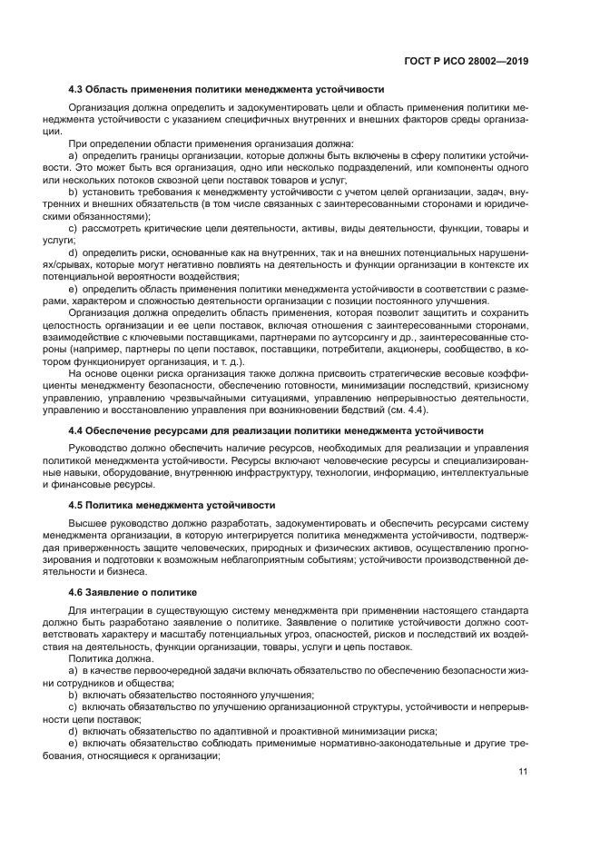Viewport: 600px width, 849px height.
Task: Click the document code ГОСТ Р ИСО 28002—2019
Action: tap(467, 60)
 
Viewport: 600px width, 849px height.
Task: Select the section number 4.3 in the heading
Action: tap(76, 89)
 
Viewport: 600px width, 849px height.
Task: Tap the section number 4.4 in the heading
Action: tap(76, 430)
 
